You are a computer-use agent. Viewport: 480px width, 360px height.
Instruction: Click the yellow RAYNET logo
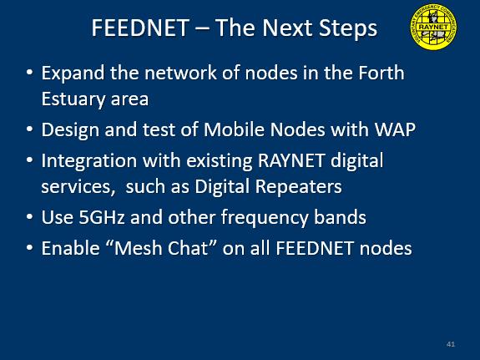[433, 27]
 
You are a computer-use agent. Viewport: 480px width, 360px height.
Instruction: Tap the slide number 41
[451, 344]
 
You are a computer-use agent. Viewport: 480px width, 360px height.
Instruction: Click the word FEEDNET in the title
[140, 28]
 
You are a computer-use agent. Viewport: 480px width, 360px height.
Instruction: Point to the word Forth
[381, 73]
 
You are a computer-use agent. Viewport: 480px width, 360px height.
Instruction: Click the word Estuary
[73, 99]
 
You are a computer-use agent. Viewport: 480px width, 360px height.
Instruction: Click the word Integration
[89, 161]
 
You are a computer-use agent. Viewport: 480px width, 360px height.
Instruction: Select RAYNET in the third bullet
[291, 160]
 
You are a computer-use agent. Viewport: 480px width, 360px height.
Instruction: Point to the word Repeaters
[299, 186]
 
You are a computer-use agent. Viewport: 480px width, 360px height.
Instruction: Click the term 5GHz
[102, 217]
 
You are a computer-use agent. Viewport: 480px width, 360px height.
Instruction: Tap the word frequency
[264, 218]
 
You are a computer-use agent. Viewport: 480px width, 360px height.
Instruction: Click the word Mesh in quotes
[138, 248]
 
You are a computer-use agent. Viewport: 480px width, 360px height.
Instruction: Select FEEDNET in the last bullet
[315, 248]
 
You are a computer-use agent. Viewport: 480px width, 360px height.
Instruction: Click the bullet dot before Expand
[29, 73]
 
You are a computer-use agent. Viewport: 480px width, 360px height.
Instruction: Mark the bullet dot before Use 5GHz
[29, 217]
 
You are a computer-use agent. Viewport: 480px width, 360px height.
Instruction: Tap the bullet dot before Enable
[29, 247]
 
